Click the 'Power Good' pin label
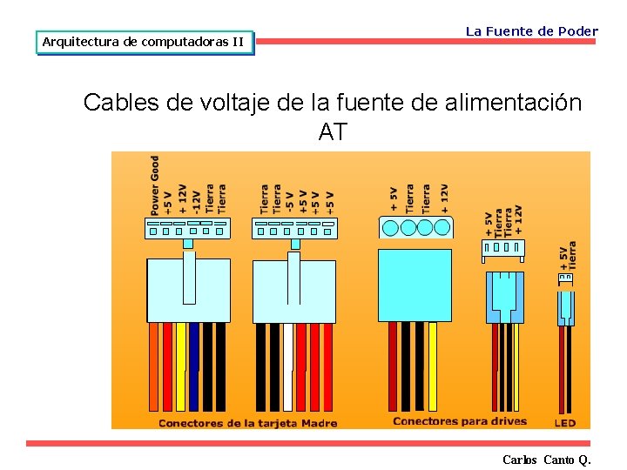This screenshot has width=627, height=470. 155,185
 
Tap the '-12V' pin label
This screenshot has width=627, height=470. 196,199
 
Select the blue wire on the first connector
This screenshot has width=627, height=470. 194,366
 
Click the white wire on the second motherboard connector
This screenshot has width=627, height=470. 288,366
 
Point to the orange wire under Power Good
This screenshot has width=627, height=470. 153,366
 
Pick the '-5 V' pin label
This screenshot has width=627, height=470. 290,201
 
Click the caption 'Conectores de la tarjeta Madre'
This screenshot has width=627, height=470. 247,424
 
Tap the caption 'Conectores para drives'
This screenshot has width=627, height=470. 460,422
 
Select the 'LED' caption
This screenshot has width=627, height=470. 564,424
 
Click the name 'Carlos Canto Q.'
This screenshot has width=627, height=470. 546,460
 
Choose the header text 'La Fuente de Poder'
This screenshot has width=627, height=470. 531,31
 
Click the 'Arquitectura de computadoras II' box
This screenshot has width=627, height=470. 144,42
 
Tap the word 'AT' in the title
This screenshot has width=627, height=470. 333,132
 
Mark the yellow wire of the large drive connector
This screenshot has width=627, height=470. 433,366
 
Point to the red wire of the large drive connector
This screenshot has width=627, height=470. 393,366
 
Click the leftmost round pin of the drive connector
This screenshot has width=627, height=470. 391,228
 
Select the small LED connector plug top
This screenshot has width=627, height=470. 565,278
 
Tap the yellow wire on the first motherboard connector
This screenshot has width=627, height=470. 181,366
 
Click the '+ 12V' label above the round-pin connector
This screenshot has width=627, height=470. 444,198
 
